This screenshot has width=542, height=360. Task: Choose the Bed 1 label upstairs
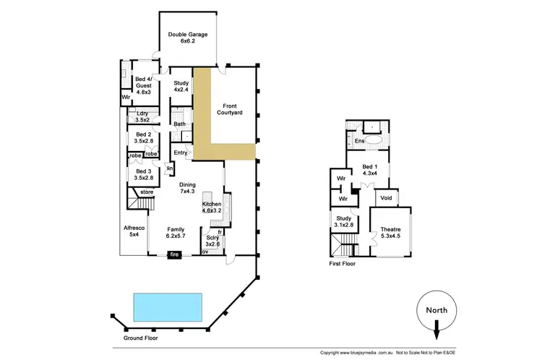click(370, 171)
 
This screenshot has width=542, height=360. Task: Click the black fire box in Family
click(175, 254)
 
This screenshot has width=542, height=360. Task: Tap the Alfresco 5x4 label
click(134, 231)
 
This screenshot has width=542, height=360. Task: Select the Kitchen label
click(212, 208)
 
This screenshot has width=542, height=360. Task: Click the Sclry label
click(212, 240)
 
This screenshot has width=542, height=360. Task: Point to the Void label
click(386, 197)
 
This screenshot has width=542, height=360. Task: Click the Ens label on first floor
click(359, 141)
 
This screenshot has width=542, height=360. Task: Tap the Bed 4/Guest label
click(143, 85)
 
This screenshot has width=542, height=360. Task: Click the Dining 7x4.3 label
click(187, 187)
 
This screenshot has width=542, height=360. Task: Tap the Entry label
click(181, 153)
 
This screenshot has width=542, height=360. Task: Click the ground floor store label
click(147, 192)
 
